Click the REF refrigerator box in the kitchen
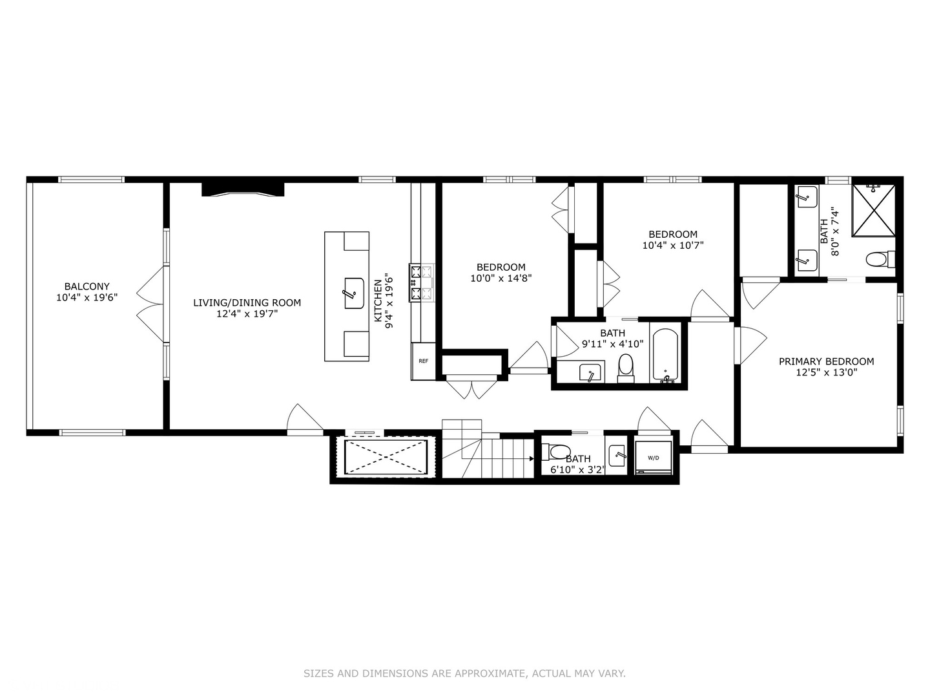click(423, 361)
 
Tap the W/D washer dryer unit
click(653, 458)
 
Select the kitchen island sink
click(354, 293)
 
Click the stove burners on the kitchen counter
click(422, 282)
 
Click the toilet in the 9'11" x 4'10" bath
click(625, 368)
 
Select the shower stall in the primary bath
click(874, 210)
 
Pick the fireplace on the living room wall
click(243, 189)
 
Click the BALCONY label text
click(87, 286)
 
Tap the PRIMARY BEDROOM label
click(826, 361)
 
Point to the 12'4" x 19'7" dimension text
click(247, 313)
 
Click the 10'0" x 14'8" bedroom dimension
click(501, 279)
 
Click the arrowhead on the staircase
click(532, 458)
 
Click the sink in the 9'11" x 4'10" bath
click(591, 372)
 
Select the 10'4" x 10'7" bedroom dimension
click(673, 246)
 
